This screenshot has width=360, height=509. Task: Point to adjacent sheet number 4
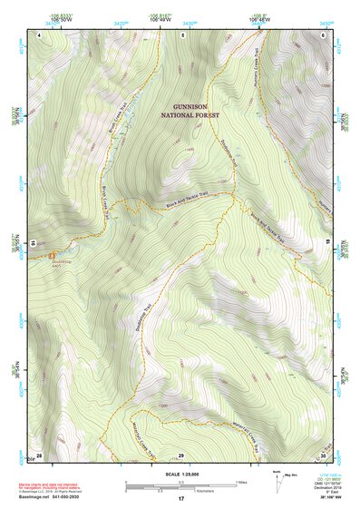40,34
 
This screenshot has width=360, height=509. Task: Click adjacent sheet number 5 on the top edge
182,34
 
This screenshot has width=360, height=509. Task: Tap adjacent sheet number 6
324,34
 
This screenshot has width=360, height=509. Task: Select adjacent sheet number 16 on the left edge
34,243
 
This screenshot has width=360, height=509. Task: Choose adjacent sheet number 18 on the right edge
327,243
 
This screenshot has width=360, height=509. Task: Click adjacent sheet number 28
39,454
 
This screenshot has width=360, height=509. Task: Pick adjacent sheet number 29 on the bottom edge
181,454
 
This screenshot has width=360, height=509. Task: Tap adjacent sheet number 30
323,454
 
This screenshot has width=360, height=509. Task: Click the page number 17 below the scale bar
181,498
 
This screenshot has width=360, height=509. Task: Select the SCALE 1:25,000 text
181,475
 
